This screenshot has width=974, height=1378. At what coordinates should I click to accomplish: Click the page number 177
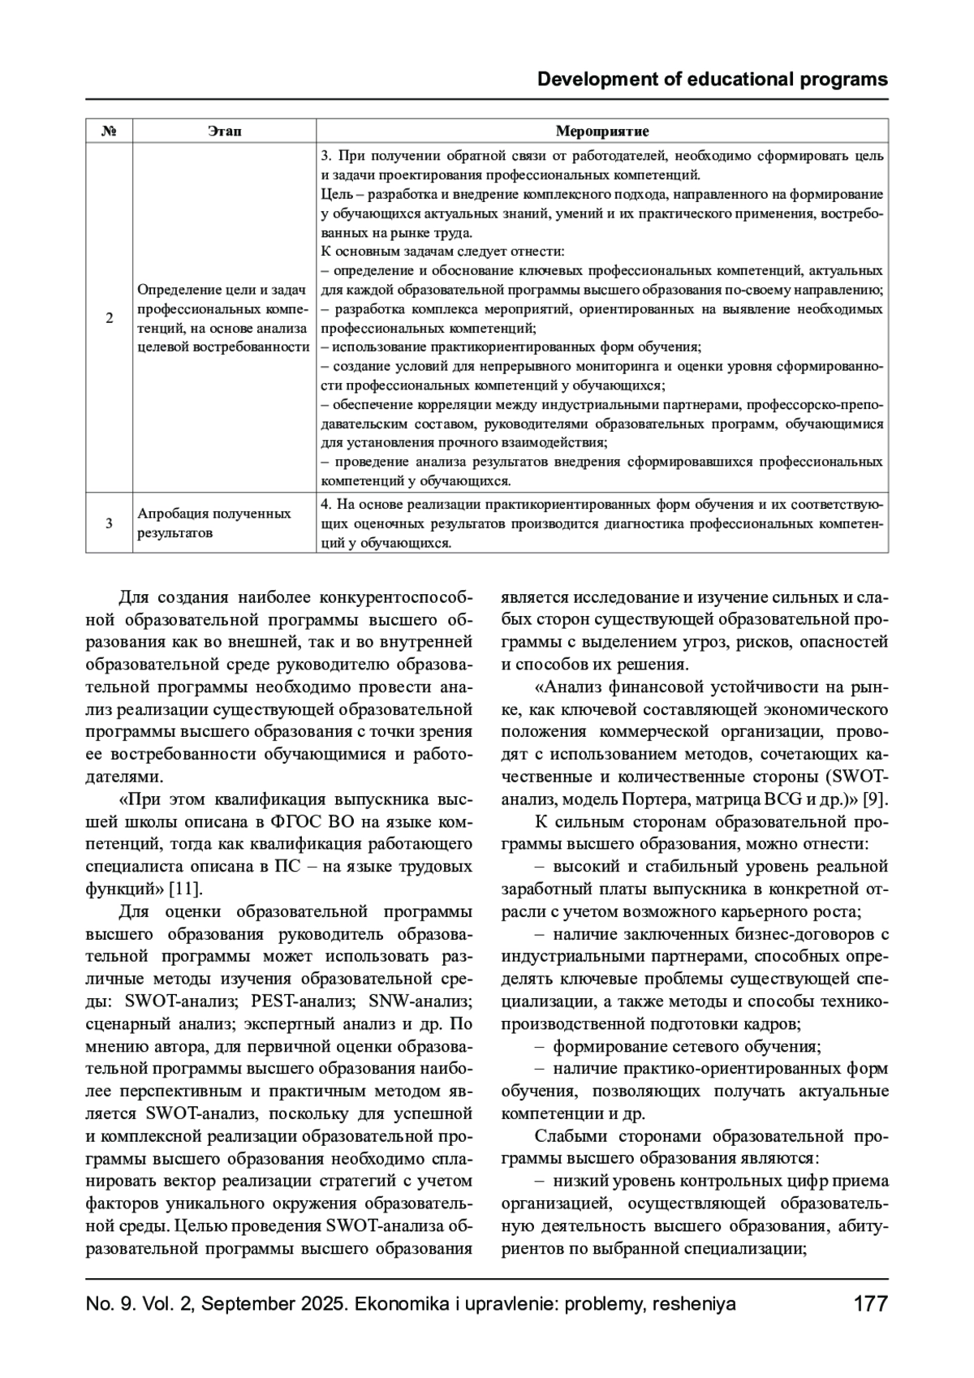(870, 1304)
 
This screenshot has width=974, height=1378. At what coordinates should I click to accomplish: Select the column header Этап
(224, 131)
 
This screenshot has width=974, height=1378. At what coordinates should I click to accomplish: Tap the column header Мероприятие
(601, 131)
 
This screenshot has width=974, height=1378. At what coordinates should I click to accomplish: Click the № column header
(109, 131)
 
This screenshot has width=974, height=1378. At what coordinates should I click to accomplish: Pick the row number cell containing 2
(109, 318)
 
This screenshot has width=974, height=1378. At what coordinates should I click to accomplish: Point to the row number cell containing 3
(109, 523)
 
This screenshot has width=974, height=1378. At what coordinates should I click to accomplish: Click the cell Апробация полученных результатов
(214, 523)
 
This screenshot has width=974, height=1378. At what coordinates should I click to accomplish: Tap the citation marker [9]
(874, 799)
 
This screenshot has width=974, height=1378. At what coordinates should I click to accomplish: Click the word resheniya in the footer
(694, 1304)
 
